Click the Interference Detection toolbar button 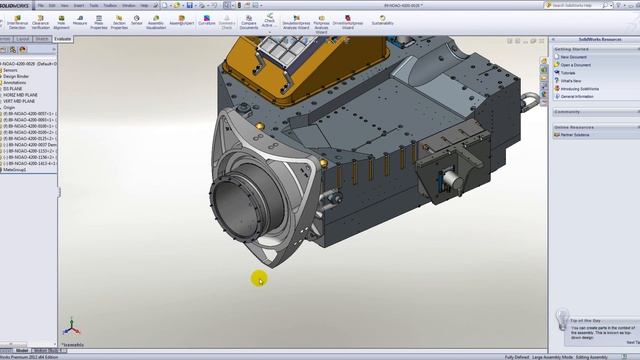[18, 22]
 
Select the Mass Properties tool [99, 22]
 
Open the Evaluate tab [62, 38]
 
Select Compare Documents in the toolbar [248, 22]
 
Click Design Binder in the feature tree [17, 77]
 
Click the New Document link [575, 57]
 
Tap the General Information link [579, 97]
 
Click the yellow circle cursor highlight [260, 279]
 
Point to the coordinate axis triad [69, 327]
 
